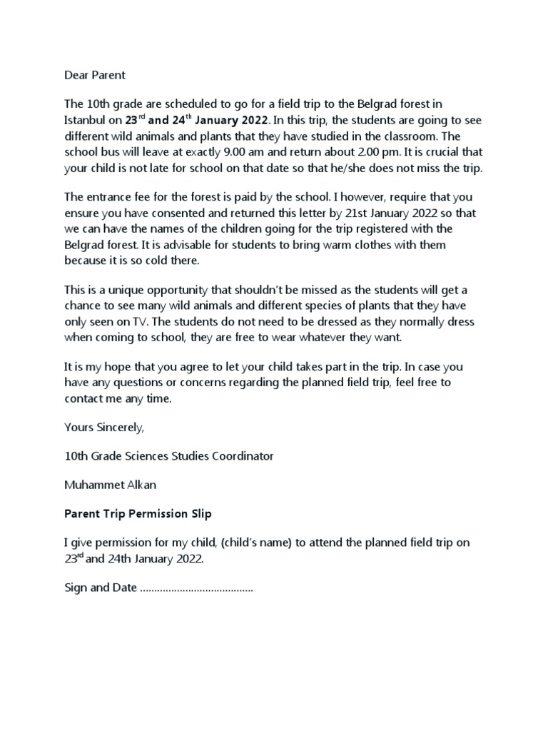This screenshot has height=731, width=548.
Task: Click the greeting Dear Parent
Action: tap(94, 74)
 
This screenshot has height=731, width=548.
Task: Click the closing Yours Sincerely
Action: tap(104, 428)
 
